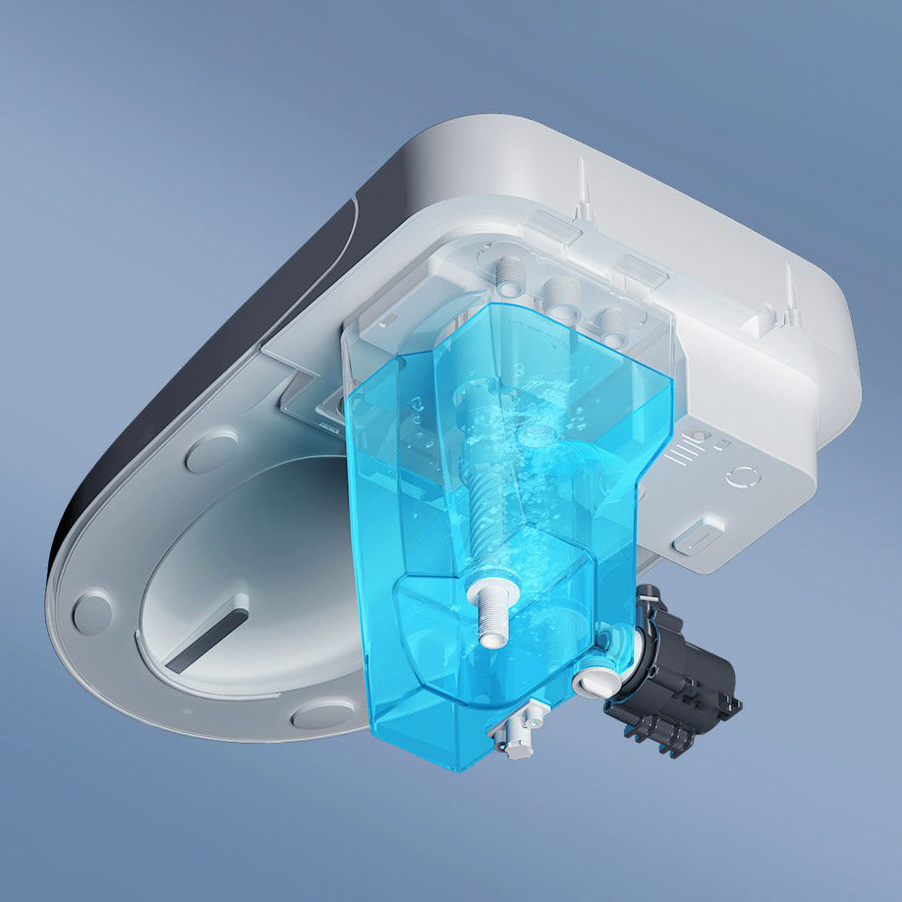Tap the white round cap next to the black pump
click(x=592, y=681)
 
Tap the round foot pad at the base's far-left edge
click(x=92, y=611)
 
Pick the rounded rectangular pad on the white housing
click(x=699, y=536)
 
